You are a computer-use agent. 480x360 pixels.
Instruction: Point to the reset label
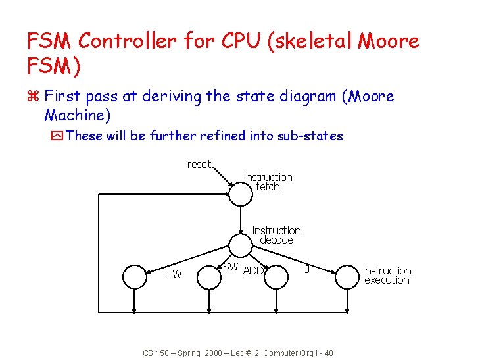pyautogui.click(x=199, y=164)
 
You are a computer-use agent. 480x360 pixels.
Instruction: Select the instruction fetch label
pyautogui.click(x=268, y=182)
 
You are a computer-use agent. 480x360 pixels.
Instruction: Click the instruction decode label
pyautogui.click(x=276, y=235)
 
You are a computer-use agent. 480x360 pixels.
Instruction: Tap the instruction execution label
pyautogui.click(x=387, y=275)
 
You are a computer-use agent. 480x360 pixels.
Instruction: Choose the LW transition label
pyautogui.click(x=174, y=274)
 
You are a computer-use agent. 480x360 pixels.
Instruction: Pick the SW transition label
pyautogui.click(x=230, y=267)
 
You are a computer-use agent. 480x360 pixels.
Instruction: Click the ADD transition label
pyautogui.click(x=253, y=270)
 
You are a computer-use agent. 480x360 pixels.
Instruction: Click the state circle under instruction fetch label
pyautogui.click(x=240, y=193)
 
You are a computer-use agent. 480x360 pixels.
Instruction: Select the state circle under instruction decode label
pyautogui.click(x=240, y=246)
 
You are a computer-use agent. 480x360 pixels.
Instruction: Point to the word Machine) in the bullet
pyautogui.click(x=78, y=116)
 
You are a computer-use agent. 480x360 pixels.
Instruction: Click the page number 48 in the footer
pyautogui.click(x=328, y=353)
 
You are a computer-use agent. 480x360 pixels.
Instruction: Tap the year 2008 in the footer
pyautogui.click(x=214, y=353)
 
